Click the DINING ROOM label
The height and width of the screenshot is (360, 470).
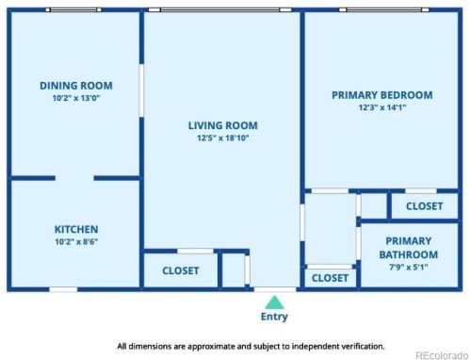click(76, 86)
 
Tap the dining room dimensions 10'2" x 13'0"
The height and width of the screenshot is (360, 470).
click(76, 98)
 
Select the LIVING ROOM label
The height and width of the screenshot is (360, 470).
click(223, 125)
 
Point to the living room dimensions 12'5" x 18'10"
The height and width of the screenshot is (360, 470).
click(223, 138)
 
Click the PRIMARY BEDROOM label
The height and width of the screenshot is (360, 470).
click(382, 95)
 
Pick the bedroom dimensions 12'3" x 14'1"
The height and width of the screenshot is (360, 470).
click(382, 107)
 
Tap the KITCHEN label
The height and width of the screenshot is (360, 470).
click(76, 229)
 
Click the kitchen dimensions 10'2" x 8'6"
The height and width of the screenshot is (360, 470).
click(76, 241)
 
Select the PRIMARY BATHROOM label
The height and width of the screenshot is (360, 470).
click(409, 248)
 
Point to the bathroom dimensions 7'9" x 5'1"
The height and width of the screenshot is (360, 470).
click(409, 268)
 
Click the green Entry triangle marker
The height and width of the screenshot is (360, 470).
click(274, 303)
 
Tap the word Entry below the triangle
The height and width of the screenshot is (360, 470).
click(274, 317)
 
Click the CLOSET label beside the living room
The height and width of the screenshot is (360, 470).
click(181, 270)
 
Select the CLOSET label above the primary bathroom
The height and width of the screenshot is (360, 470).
click(425, 206)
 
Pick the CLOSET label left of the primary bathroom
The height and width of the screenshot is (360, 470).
click(330, 278)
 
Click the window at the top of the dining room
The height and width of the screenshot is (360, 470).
click(73, 9)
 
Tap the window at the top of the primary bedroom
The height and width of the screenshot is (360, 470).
click(384, 9)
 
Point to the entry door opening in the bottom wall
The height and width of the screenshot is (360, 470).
click(275, 289)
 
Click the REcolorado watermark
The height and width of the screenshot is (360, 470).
click(442, 355)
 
